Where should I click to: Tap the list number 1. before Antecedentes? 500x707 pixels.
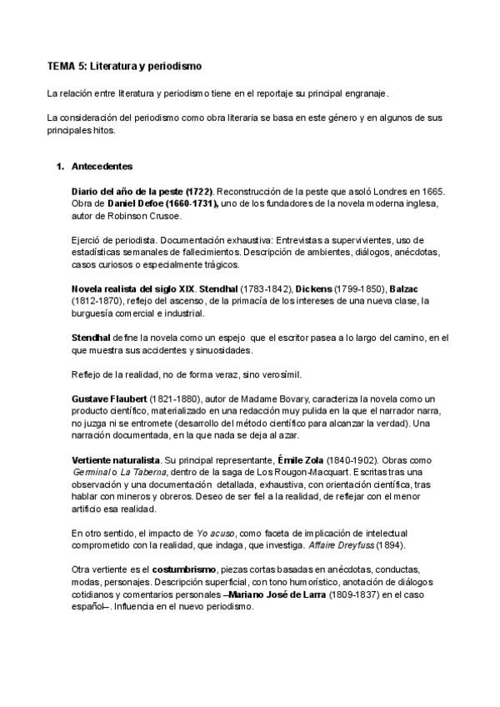(x=59, y=166)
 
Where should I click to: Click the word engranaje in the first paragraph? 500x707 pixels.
(x=363, y=93)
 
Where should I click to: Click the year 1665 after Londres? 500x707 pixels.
(x=430, y=191)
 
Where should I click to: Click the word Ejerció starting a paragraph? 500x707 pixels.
(x=88, y=240)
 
